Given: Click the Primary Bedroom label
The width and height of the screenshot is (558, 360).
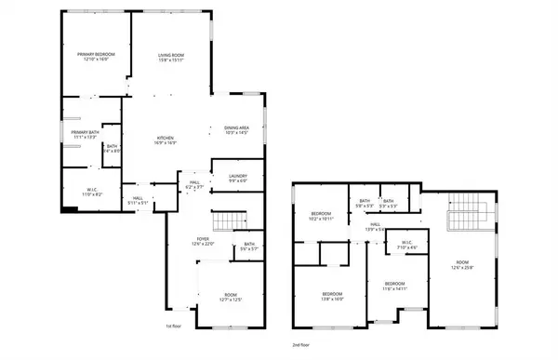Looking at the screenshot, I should pos(96,58).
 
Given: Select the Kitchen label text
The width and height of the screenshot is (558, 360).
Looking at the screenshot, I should pos(166,140).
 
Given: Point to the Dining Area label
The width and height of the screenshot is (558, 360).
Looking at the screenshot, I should pos(236,130).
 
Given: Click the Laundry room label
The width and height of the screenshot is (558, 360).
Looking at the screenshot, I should pos(237,179).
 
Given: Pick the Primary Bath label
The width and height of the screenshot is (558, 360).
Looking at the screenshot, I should pos(85,135).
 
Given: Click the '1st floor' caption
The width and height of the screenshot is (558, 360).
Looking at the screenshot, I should pos(172,327).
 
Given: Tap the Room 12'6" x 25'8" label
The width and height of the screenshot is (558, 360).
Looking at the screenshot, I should pos(462,264).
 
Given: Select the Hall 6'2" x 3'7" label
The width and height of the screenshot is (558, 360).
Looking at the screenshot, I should pos(194,185).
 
